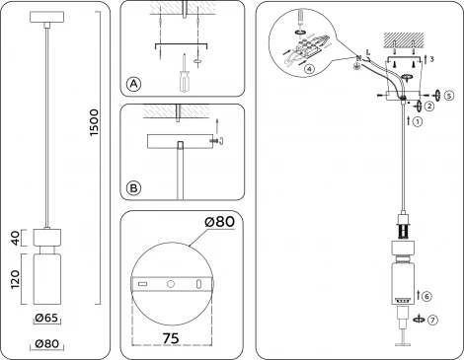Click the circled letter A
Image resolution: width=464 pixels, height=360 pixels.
click(133, 85)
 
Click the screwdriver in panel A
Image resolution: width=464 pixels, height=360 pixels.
click(182, 78)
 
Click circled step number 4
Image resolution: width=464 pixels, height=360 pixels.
click(310, 70)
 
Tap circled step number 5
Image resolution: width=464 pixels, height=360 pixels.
click(448, 96)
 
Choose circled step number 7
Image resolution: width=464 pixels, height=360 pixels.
click(434, 320)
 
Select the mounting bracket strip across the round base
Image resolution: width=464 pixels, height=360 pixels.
click(172, 284)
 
